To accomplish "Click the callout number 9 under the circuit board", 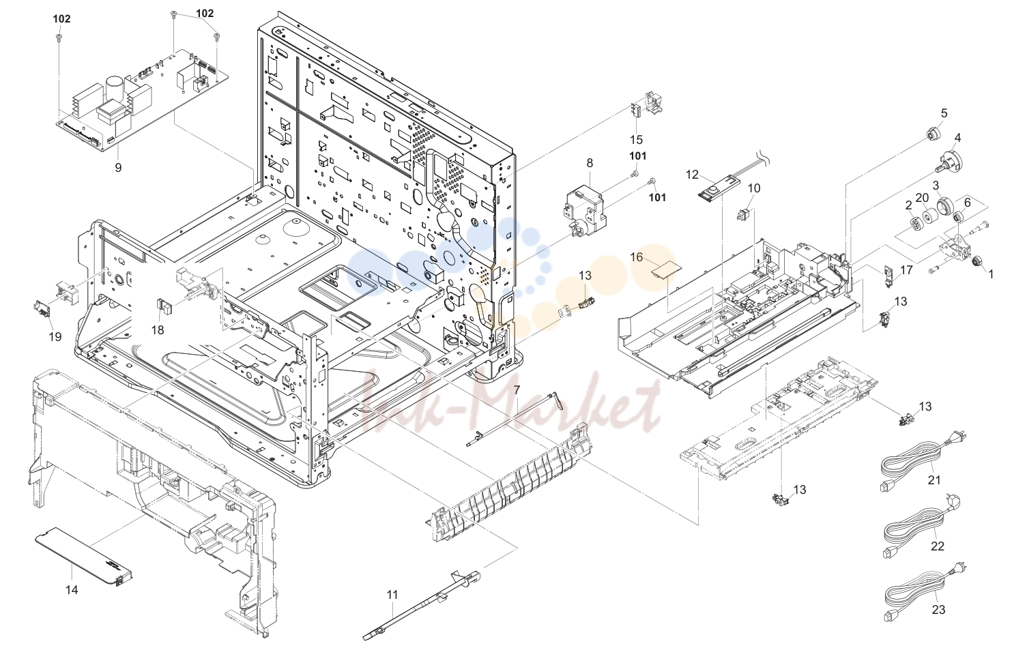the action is (118, 168).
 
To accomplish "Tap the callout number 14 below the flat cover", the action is (72, 589).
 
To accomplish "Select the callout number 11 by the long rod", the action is (392, 595).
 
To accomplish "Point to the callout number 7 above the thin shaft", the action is (517, 390).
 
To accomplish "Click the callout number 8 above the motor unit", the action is (590, 163).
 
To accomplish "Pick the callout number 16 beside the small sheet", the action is (637, 258).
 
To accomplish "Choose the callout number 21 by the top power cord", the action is (934, 480).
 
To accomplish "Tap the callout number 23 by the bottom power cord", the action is (938, 610).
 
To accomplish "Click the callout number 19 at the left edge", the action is (55, 337).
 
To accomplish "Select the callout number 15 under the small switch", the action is (637, 139).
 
